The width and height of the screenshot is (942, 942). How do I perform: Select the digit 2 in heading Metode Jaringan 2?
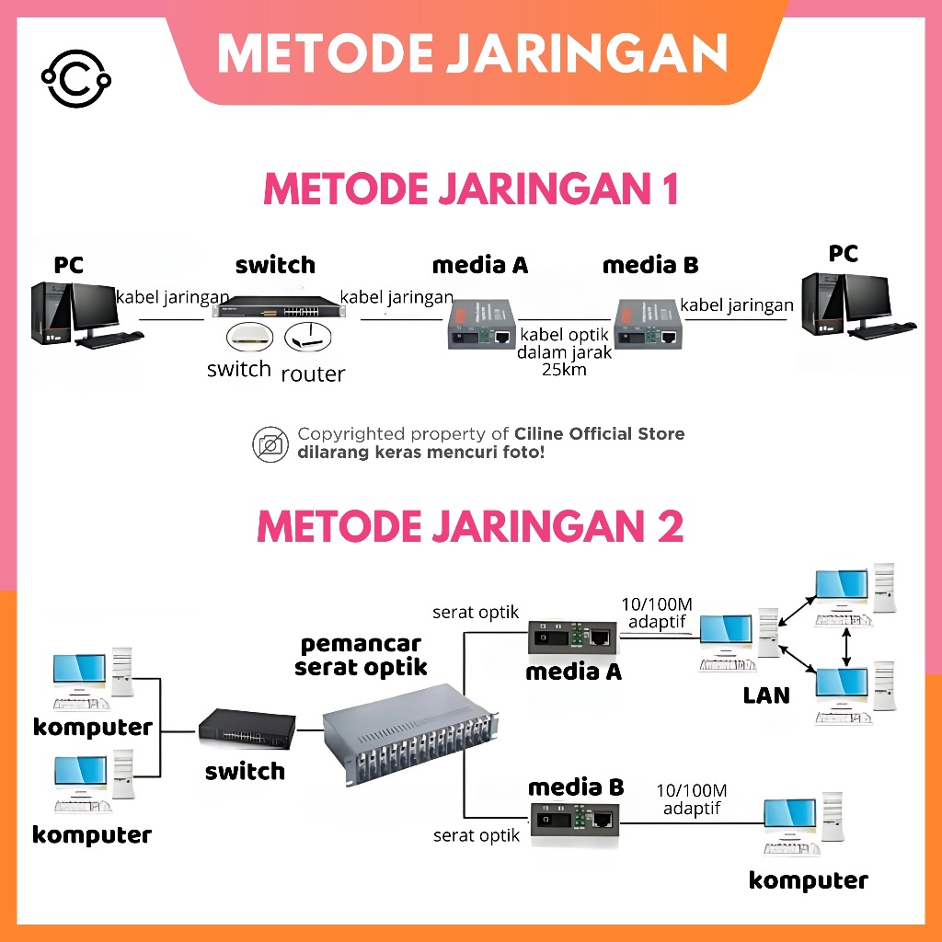tap(669, 526)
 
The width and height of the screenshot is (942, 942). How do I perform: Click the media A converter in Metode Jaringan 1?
tap(479, 325)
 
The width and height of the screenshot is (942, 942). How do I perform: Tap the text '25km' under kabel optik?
tap(564, 370)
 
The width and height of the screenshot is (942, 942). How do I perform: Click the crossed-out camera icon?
tap(270, 443)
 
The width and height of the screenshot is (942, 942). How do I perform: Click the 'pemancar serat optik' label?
tap(362, 655)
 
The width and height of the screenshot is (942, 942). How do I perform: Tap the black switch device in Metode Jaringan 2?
tap(247, 729)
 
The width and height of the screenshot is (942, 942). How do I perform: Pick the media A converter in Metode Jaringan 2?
tap(572, 636)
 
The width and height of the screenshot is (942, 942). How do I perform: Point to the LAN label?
tap(766, 695)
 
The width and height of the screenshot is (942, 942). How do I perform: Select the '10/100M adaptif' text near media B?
tap(692, 799)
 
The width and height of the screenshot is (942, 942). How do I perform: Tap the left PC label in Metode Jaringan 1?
tap(69, 266)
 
